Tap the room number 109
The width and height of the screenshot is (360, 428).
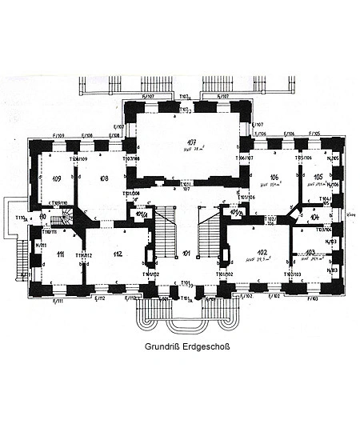(56, 178)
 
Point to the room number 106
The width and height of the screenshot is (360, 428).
(273, 178)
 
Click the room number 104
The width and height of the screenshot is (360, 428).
(314, 217)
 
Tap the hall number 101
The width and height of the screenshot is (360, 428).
(186, 254)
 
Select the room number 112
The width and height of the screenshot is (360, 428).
(118, 254)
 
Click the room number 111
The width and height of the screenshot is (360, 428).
(60, 254)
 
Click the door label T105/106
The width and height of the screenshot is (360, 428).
(302, 158)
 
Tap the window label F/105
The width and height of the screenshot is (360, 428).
(314, 134)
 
